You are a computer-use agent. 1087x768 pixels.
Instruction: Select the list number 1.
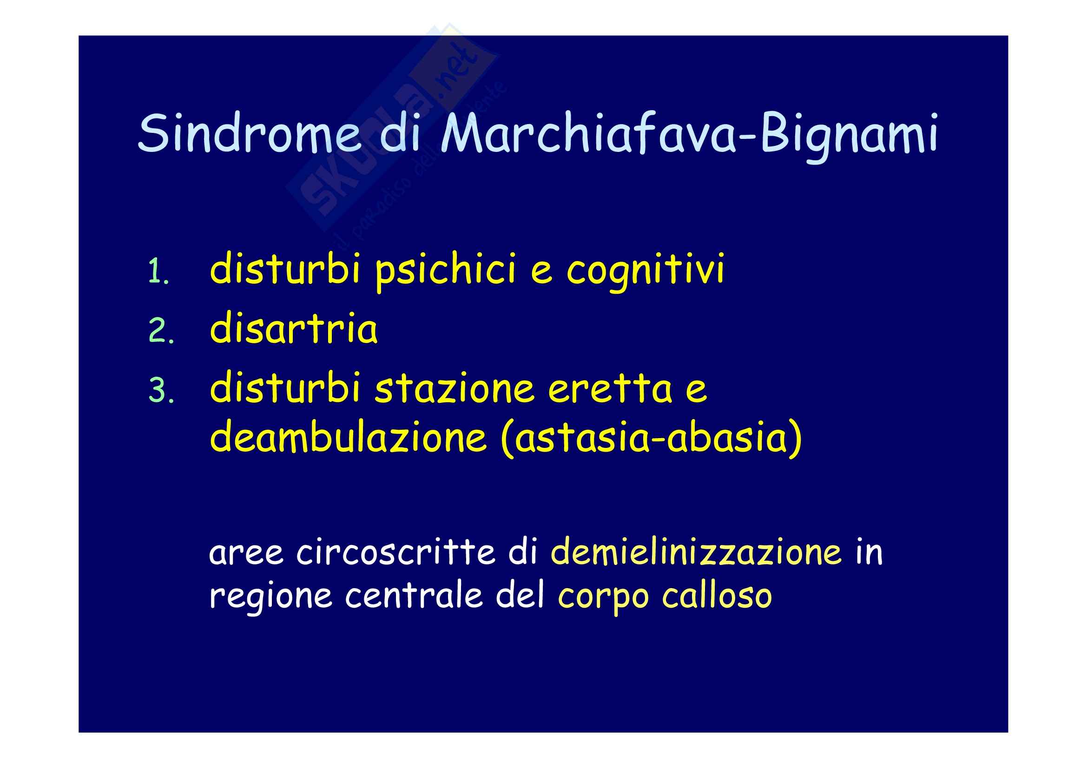point(158,272)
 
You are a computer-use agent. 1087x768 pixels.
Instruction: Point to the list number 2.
point(161,331)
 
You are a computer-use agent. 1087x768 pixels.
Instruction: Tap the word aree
point(246,553)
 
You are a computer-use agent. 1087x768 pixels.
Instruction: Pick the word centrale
point(414,594)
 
